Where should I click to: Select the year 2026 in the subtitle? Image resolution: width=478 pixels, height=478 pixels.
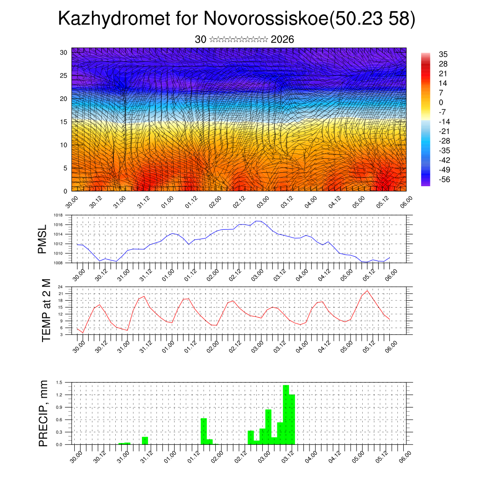click(282, 40)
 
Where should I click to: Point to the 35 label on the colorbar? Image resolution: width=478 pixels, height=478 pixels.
click(443, 54)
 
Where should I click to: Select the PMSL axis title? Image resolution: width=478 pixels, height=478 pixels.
click(42, 239)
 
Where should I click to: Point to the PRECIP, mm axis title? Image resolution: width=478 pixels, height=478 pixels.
click(43, 413)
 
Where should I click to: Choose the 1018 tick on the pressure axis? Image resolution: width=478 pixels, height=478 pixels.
click(58, 215)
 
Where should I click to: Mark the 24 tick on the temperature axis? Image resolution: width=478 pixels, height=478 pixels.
click(60, 287)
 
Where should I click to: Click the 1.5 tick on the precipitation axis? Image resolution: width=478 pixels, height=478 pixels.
click(59, 382)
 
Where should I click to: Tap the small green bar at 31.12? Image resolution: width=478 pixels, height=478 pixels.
click(145, 440)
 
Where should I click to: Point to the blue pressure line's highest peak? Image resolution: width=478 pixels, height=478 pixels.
click(258, 221)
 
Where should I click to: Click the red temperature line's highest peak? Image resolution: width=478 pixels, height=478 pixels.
click(367, 290)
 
